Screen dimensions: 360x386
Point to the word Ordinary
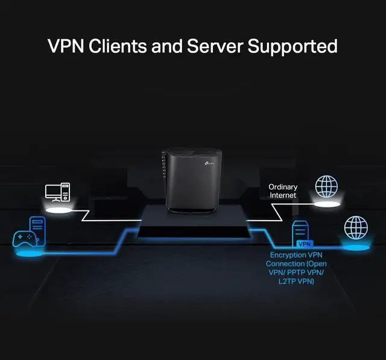(283, 188)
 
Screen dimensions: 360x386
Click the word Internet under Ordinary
(283, 195)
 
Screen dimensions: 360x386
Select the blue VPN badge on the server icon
(305, 244)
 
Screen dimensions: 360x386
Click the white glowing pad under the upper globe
(326, 205)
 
